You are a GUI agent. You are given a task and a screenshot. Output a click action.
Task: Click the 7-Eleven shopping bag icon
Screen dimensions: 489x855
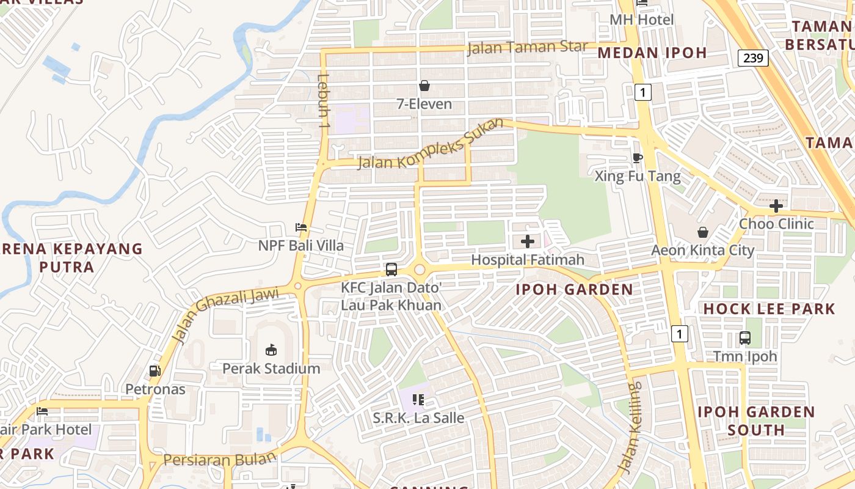[424, 86]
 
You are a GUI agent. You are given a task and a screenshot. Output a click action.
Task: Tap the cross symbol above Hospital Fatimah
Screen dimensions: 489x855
[528, 241]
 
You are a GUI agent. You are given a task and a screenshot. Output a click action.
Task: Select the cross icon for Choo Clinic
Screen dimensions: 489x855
[776, 206]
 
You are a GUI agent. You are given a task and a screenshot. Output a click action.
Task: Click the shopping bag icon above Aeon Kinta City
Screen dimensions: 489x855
[703, 232]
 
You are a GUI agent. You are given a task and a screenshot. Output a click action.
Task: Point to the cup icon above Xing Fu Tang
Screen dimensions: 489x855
[638, 158]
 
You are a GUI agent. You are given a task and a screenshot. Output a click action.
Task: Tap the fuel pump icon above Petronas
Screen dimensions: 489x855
[155, 370]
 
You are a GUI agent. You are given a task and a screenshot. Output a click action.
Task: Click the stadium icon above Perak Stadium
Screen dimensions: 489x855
[271, 350]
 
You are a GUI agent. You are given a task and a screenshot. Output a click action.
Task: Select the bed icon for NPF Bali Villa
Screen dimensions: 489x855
[301, 227]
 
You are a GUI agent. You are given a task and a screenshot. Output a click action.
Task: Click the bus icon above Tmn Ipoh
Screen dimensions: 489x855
[744, 337]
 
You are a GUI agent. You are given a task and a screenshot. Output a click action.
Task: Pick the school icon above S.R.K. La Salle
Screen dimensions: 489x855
[418, 400]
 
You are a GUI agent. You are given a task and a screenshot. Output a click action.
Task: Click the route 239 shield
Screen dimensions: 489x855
[752, 58]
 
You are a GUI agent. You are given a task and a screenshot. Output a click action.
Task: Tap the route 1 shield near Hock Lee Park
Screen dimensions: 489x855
[679, 334]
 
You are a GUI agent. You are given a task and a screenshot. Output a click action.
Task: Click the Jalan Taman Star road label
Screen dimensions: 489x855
[527, 48]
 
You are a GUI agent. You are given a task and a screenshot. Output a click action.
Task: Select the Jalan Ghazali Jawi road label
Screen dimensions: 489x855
[224, 314]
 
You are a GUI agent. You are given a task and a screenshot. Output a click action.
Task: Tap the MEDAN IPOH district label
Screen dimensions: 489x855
[652, 53]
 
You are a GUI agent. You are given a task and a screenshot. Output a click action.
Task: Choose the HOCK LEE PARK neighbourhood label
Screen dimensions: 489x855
[769, 309]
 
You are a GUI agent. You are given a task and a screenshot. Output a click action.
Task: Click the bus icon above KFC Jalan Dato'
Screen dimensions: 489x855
[391, 269]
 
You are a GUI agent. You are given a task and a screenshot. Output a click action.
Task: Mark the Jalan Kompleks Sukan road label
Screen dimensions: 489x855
[431, 145]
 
